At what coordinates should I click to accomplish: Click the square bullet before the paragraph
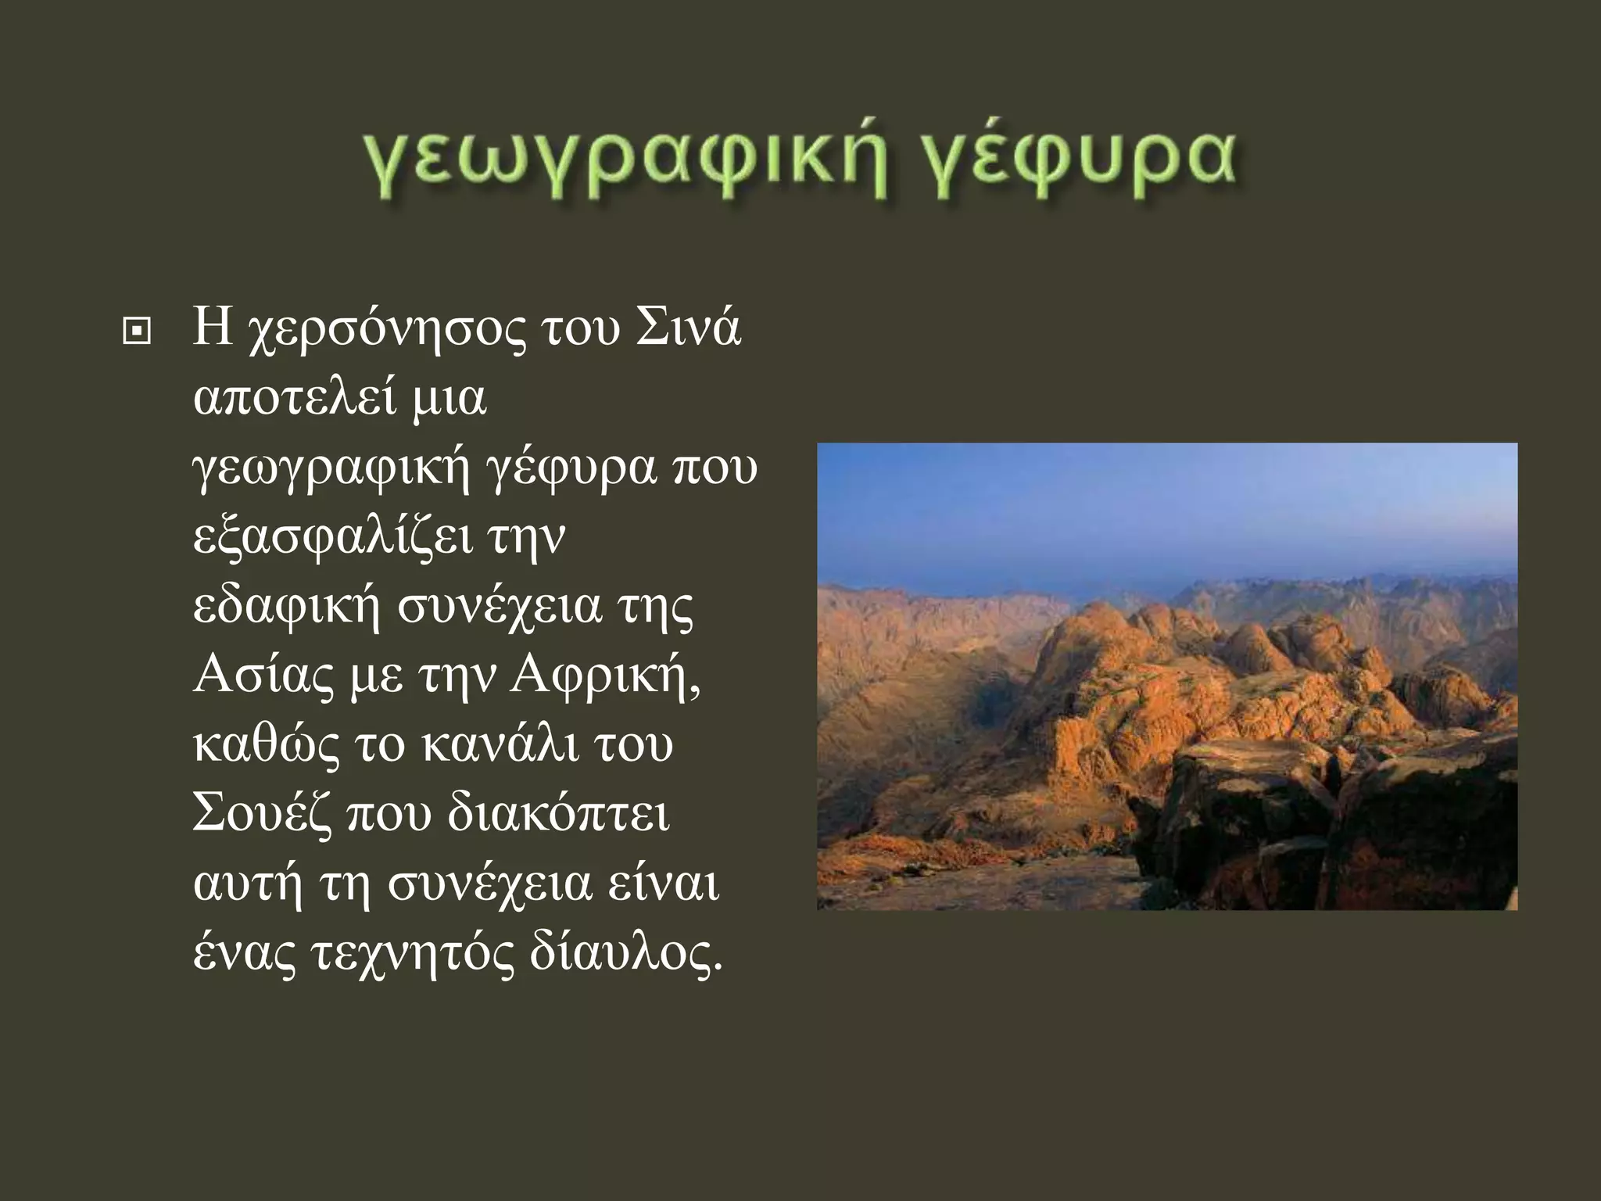tap(138, 333)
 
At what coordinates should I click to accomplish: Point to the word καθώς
tap(266, 743)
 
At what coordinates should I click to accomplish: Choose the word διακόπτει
tap(558, 813)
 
